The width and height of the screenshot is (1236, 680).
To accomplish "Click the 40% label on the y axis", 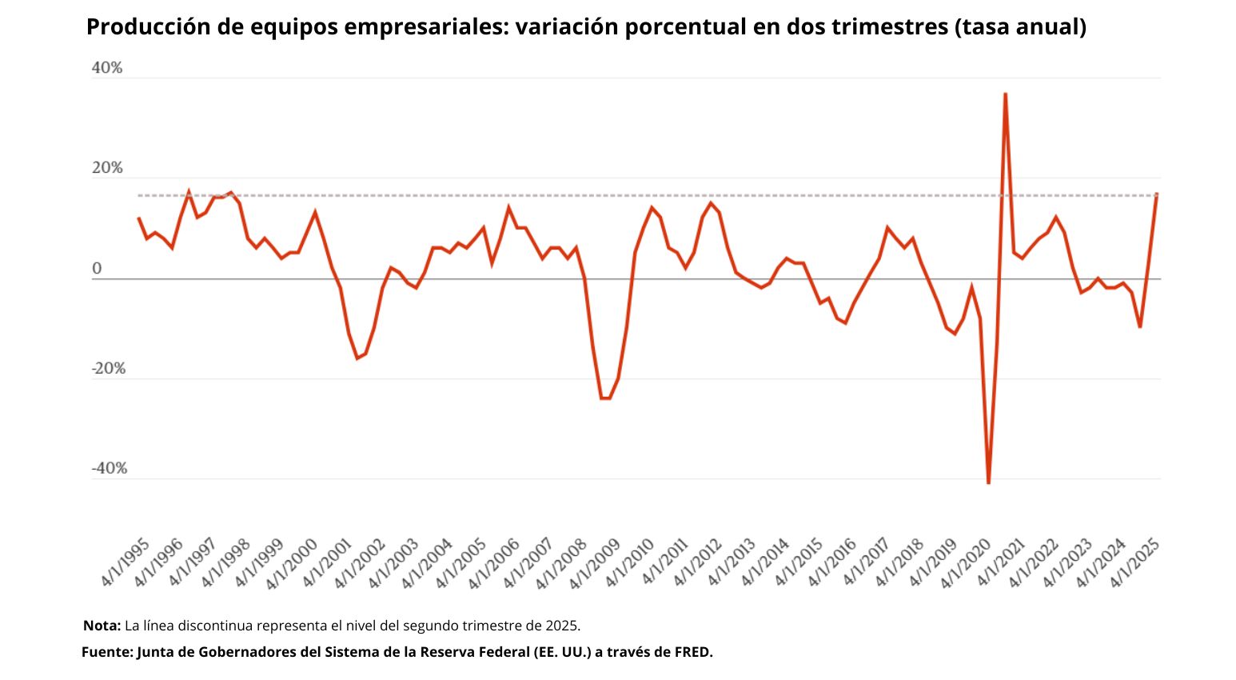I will pyautogui.click(x=107, y=68).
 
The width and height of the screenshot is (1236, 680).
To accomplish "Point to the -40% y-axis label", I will pyautogui.click(x=109, y=468).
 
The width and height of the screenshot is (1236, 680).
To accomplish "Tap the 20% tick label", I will pyautogui.click(x=107, y=168).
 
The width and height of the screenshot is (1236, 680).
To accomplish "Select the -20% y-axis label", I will pyautogui.click(x=109, y=369).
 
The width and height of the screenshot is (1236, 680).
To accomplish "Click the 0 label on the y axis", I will pyautogui.click(x=97, y=269).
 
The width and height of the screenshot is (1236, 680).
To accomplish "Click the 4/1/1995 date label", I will pyautogui.click(x=126, y=562).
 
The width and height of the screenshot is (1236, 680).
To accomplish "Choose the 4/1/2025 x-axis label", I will pyautogui.click(x=1134, y=562).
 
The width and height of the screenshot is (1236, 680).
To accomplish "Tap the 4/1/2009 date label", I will pyautogui.click(x=596, y=562).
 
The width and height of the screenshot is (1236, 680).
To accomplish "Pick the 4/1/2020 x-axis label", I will pyautogui.click(x=966, y=562).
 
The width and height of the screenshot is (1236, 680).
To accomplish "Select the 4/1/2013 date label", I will pyautogui.click(x=730, y=562).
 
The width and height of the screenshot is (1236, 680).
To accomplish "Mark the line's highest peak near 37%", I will pyautogui.click(x=1005, y=94).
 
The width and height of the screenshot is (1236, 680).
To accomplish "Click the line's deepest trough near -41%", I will pyautogui.click(x=988, y=482).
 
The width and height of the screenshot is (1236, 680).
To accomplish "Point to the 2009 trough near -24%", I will pyautogui.click(x=605, y=398).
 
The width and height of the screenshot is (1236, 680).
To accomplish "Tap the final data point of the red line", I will pyautogui.click(x=1156, y=194).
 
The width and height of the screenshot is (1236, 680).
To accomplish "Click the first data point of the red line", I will pyautogui.click(x=138, y=218).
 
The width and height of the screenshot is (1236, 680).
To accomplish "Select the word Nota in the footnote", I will pyautogui.click(x=101, y=625).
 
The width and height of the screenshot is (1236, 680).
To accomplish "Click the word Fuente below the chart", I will pyautogui.click(x=106, y=652).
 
